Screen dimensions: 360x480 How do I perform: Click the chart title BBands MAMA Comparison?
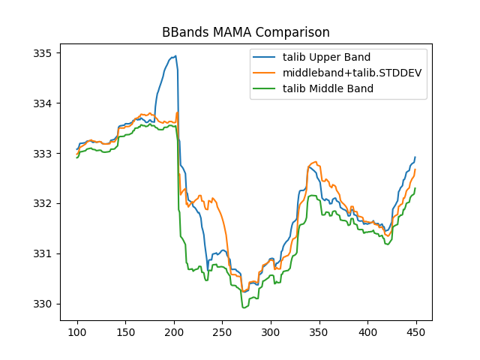(x=246, y=33)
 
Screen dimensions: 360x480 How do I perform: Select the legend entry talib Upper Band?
(x=326, y=57)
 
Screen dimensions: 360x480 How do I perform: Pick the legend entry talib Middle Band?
(x=328, y=88)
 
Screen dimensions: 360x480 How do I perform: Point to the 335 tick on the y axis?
(x=42, y=53)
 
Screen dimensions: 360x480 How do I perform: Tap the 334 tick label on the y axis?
(x=42, y=103)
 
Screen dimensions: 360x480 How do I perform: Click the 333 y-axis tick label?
(x=42, y=154)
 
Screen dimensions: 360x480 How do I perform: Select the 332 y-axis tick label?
(x=42, y=204)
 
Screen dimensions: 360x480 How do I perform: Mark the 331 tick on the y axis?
(x=42, y=253)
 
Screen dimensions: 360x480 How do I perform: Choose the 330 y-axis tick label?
(x=42, y=304)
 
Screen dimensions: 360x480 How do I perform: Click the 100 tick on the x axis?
(x=77, y=331)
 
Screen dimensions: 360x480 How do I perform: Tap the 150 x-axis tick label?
(x=125, y=331)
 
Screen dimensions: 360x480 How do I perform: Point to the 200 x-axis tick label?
(x=174, y=331)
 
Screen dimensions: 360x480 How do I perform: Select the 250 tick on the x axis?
(x=222, y=331)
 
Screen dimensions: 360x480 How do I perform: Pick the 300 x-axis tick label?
(x=271, y=331)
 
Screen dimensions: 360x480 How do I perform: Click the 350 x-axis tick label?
(x=319, y=331)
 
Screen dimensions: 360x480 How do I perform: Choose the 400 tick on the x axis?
(x=367, y=331)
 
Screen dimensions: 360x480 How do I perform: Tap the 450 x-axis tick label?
(x=416, y=331)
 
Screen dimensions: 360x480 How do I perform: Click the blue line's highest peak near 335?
(x=175, y=56)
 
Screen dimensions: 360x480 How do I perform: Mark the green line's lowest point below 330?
(x=243, y=307)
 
